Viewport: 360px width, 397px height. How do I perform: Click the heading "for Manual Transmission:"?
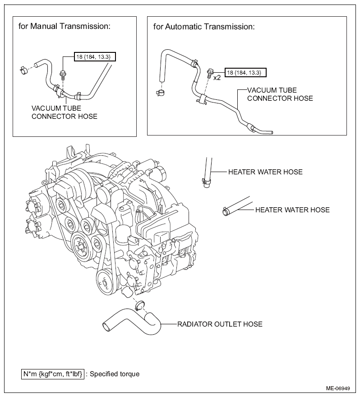tap(65, 26)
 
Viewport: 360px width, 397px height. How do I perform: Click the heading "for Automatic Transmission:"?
tap(204, 27)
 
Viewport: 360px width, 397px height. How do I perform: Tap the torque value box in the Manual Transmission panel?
tap(95, 57)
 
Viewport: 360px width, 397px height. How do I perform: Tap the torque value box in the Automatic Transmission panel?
tap(245, 73)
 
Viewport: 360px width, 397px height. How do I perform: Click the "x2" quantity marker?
tap(217, 78)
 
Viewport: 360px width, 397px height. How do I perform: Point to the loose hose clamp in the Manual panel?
tap(23, 70)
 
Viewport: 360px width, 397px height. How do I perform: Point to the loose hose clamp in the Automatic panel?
tap(160, 93)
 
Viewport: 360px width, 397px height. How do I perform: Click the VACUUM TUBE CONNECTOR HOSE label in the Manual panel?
tap(65, 112)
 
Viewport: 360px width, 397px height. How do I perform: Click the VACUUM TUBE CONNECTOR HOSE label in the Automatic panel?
tap(280, 94)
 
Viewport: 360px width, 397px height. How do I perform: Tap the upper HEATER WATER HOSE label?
tap(265, 172)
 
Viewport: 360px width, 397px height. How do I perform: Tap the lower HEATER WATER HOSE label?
tap(292, 210)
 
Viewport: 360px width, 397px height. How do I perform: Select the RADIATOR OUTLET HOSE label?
tap(220, 324)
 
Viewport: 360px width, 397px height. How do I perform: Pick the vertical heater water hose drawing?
tap(208, 173)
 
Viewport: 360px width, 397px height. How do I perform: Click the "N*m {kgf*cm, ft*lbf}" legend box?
tap(53, 374)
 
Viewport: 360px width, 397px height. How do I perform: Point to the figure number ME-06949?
tap(338, 388)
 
